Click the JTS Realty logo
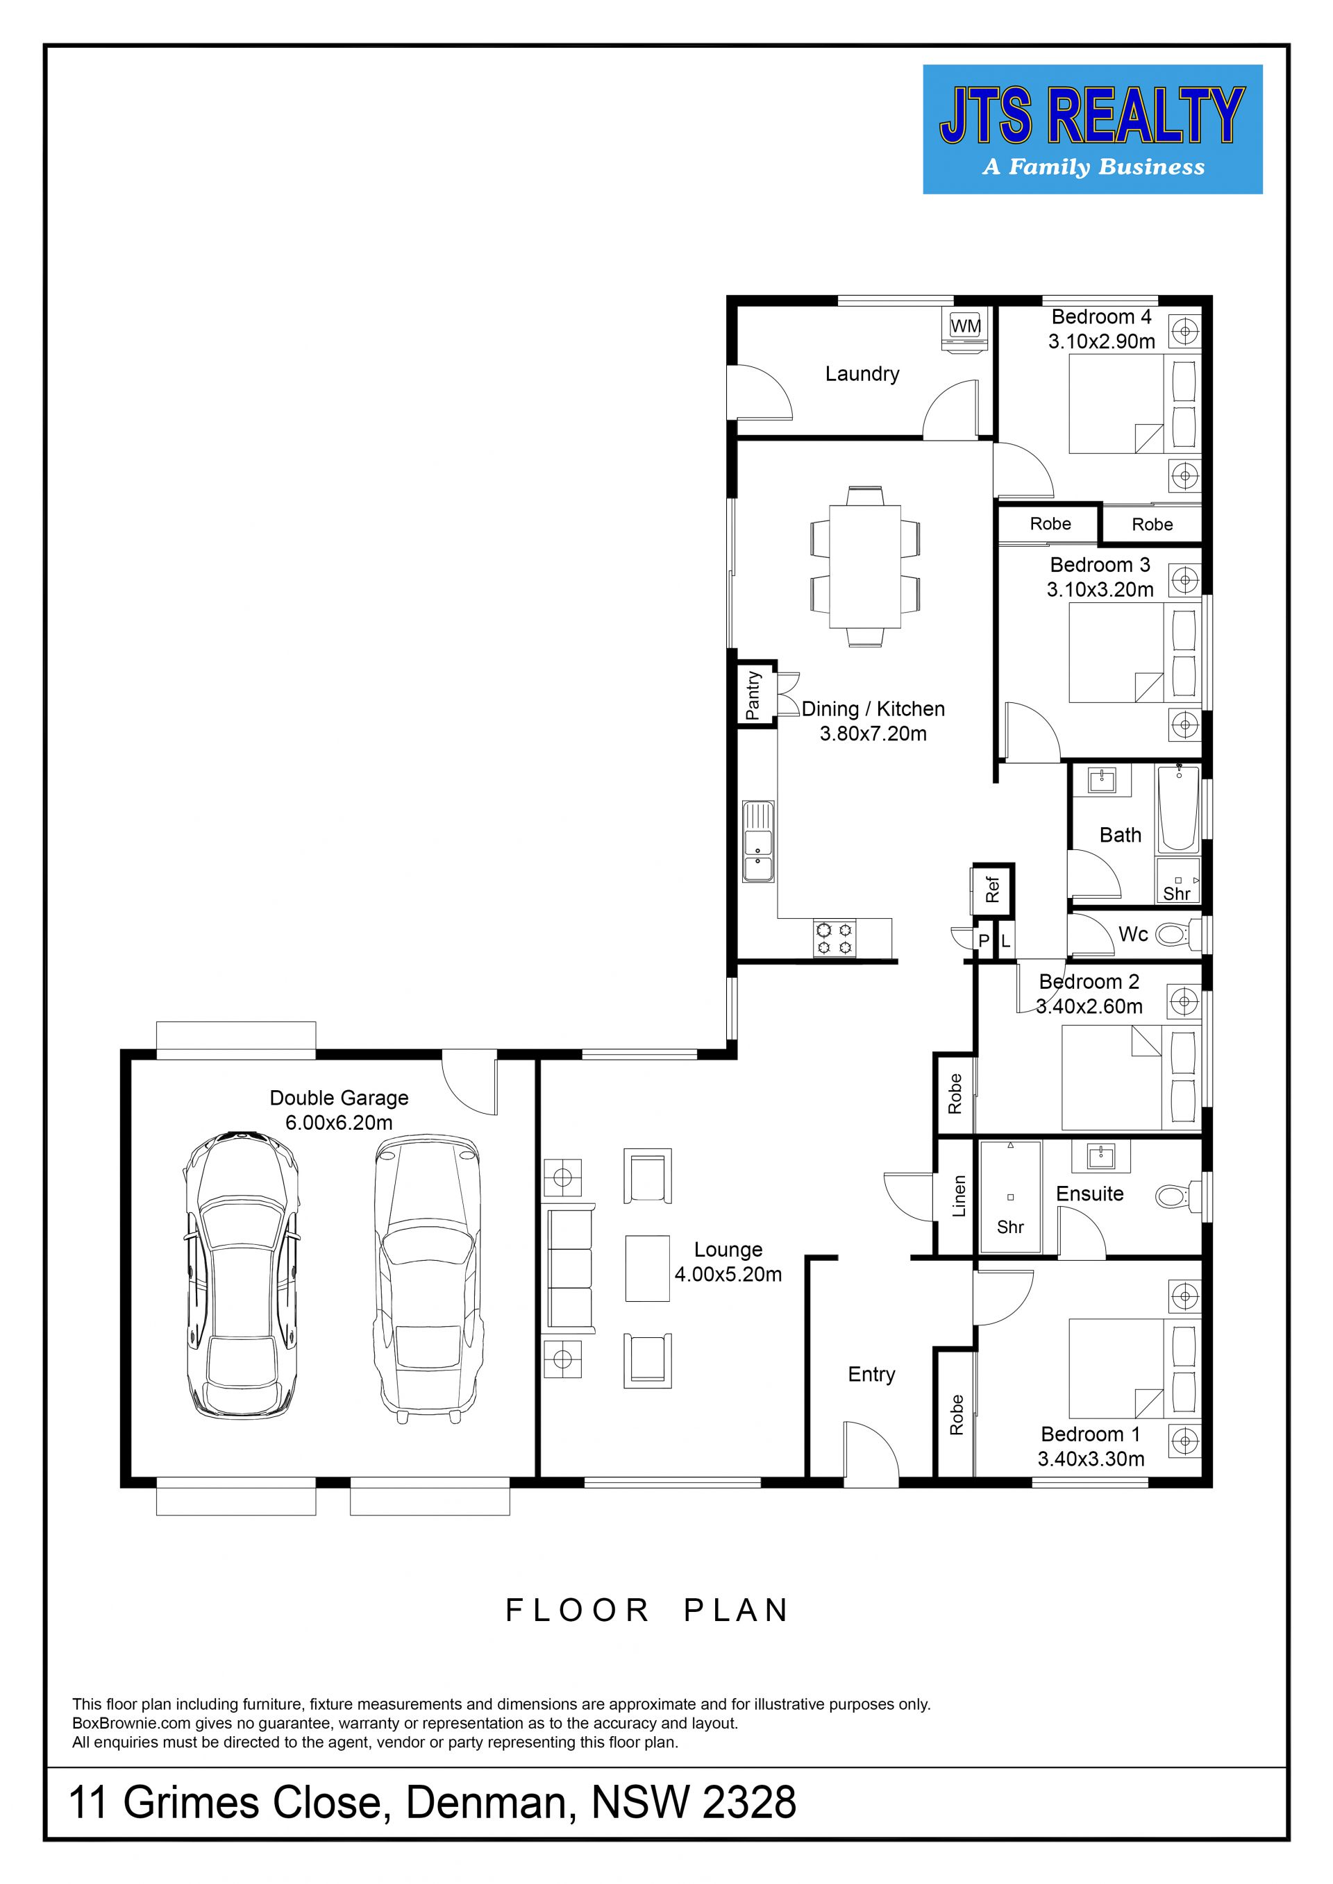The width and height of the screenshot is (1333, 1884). pyautogui.click(x=1093, y=130)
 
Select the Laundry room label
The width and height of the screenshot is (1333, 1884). pyautogui.click(x=862, y=374)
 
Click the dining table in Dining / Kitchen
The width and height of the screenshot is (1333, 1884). pyautogui.click(x=865, y=566)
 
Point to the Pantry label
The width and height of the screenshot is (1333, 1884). pyautogui.click(x=753, y=695)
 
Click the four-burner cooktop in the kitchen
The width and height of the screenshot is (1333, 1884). pyautogui.click(x=834, y=939)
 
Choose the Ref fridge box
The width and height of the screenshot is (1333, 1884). pyautogui.click(x=994, y=890)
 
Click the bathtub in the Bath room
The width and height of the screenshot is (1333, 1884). pyautogui.click(x=1179, y=808)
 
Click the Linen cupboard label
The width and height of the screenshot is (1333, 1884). pyautogui.click(x=959, y=1196)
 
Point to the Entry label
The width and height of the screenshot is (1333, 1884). pyautogui.click(x=872, y=1375)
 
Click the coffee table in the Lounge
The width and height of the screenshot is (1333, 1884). pyautogui.click(x=648, y=1268)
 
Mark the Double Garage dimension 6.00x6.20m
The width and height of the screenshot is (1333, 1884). pyautogui.click(x=339, y=1123)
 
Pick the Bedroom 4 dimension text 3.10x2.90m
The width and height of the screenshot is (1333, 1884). pyautogui.click(x=1102, y=341)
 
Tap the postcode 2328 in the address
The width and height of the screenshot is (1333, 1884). pyautogui.click(x=749, y=1803)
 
